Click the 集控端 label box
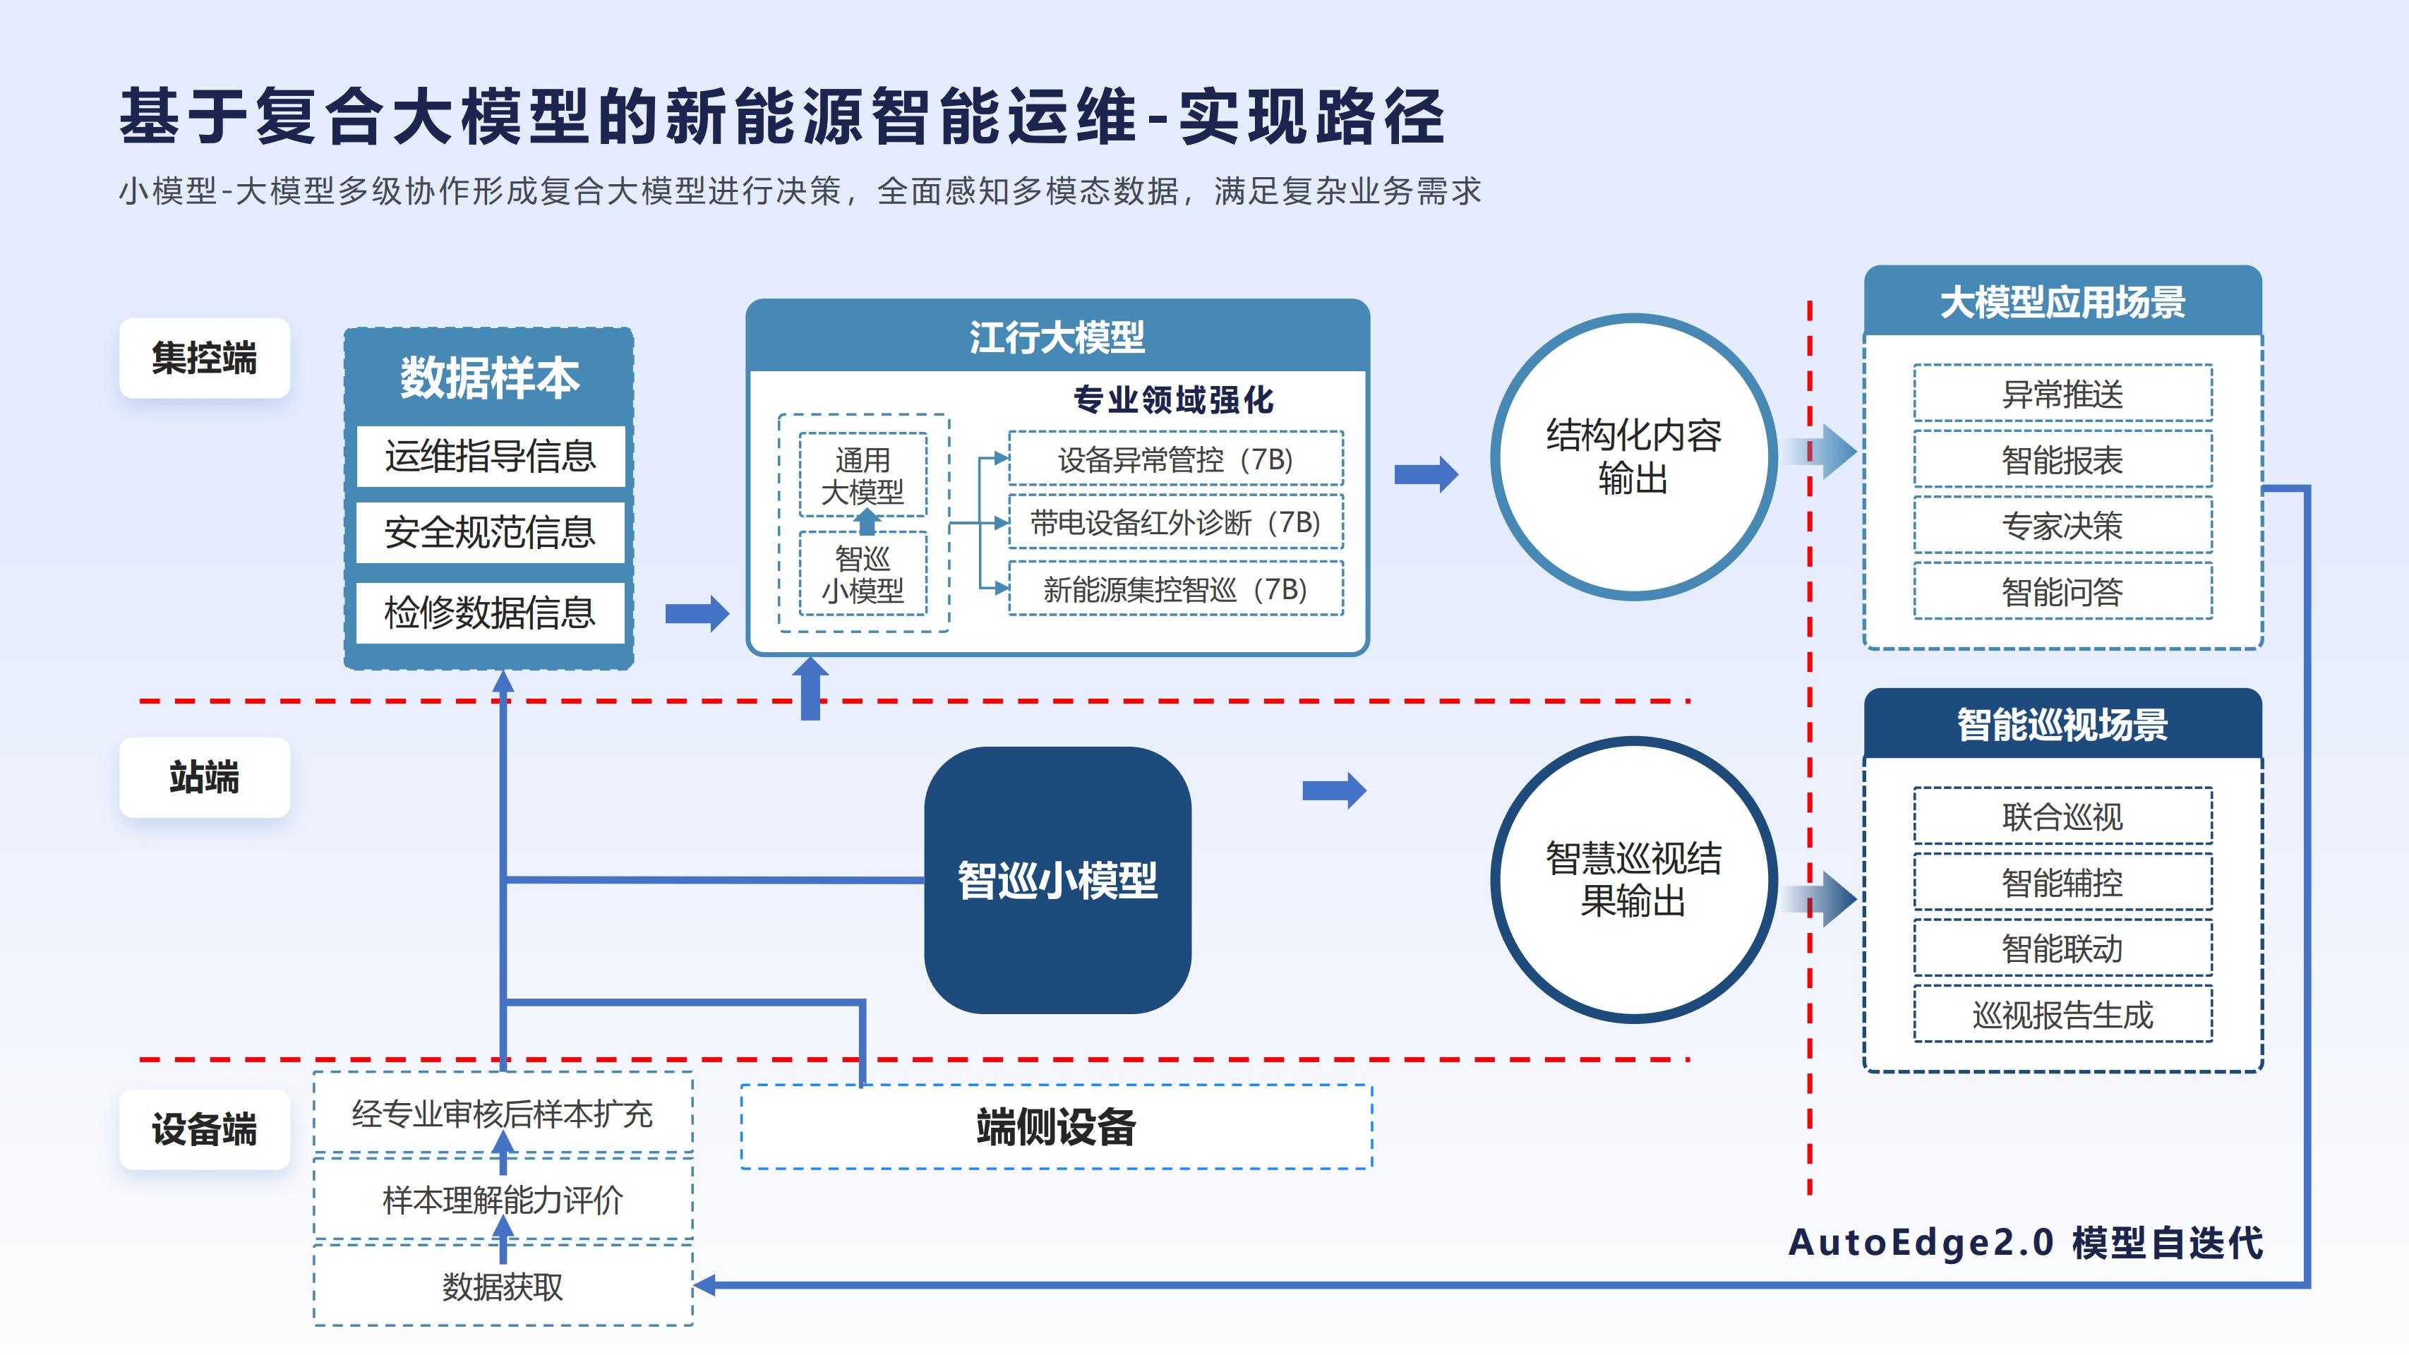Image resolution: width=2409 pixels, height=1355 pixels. (204, 358)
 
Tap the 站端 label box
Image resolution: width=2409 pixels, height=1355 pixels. (204, 777)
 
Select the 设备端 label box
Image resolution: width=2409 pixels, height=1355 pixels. (204, 1128)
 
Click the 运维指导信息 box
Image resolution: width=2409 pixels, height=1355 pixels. (490, 457)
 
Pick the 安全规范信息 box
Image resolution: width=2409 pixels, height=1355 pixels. (490, 532)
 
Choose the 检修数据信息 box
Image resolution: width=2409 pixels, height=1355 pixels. (490, 613)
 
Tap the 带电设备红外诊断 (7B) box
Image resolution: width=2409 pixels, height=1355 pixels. (1175, 522)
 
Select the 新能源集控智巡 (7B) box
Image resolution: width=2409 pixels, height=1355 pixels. (1175, 588)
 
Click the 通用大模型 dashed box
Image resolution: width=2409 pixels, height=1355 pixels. (863, 475)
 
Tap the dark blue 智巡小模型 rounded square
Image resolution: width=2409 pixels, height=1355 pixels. (1057, 879)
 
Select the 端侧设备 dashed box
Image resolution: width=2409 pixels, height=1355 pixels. (1056, 1127)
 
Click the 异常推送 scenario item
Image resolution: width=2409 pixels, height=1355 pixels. (2062, 394)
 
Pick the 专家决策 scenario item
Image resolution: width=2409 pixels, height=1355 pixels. (2062, 526)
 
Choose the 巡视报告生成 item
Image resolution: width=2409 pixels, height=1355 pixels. (2062, 1013)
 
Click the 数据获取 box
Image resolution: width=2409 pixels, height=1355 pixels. (503, 1287)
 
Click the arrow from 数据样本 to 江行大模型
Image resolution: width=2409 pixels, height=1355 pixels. (697, 613)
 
